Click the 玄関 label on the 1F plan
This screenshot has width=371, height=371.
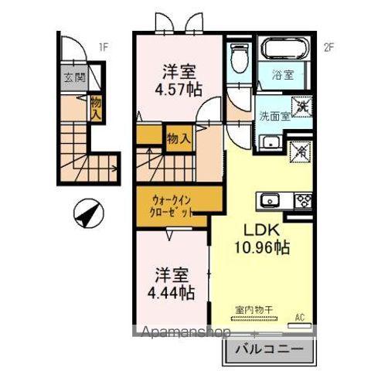tap(74, 78)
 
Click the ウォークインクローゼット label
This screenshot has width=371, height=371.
tap(168, 206)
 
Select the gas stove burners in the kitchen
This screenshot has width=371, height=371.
tap(303, 200)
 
